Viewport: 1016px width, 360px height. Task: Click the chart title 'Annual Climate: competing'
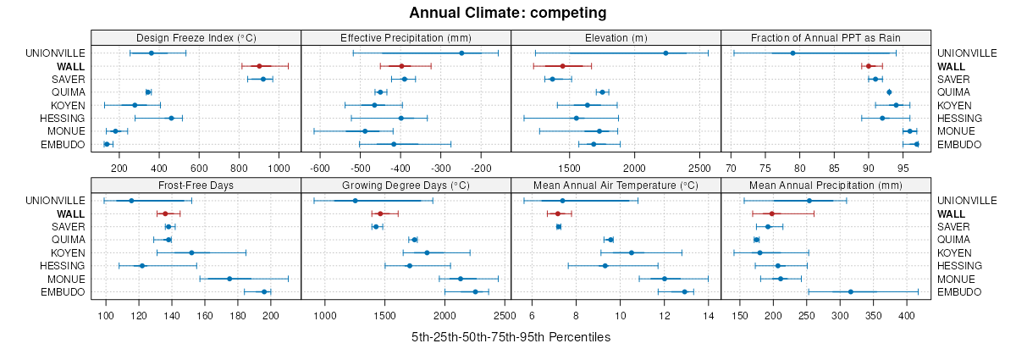pyautogui.click(x=508, y=13)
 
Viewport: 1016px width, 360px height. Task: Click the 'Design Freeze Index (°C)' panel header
pyautogui.click(x=196, y=37)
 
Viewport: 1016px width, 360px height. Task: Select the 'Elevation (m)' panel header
pyautogui.click(x=616, y=37)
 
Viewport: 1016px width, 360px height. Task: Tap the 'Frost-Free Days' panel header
pyautogui.click(x=196, y=185)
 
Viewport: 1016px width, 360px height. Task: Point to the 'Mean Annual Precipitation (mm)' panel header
pyautogui.click(x=825, y=185)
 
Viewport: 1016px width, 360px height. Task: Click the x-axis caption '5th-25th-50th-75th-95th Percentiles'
pyautogui.click(x=511, y=337)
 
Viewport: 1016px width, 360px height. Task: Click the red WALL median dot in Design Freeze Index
pyautogui.click(x=259, y=66)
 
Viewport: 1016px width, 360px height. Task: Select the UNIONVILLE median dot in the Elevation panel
pyautogui.click(x=665, y=53)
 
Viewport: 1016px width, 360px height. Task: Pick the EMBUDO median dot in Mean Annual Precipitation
pyautogui.click(x=851, y=292)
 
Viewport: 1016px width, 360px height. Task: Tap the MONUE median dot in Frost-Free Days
pyautogui.click(x=229, y=279)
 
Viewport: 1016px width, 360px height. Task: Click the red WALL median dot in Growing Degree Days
pyautogui.click(x=380, y=213)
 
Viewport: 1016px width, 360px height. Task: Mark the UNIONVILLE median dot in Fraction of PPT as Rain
pyautogui.click(x=792, y=53)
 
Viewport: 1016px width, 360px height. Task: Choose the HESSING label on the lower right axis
pyautogui.click(x=960, y=266)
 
